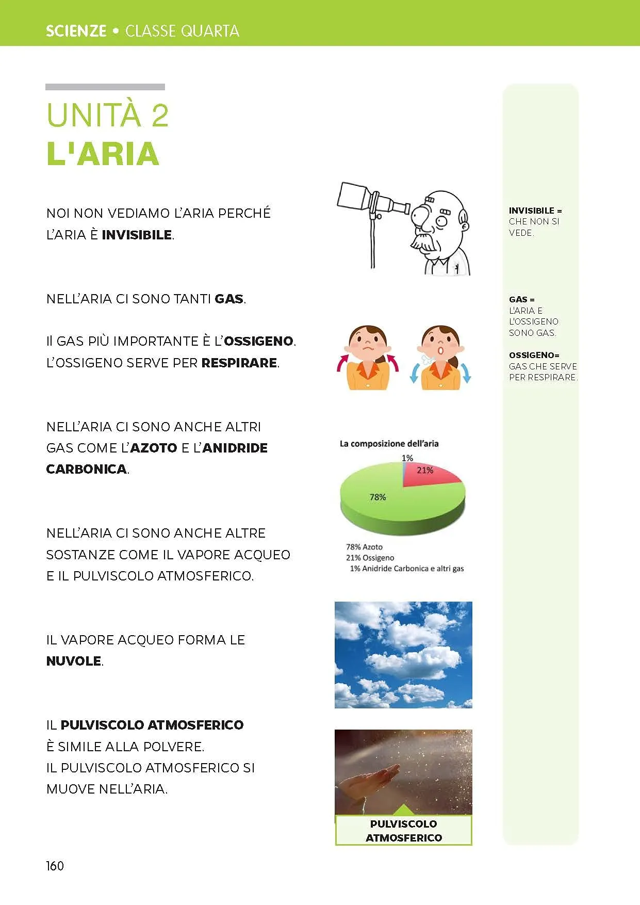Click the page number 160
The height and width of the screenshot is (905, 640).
point(55,866)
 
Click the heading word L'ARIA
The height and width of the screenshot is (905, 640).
point(103,154)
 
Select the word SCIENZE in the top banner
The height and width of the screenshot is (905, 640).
point(76,31)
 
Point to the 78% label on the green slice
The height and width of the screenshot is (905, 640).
point(378,497)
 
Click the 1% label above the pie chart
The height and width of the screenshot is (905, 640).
point(407,458)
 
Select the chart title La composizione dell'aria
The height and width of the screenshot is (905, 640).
point(389,443)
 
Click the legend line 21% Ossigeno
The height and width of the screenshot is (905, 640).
point(370,557)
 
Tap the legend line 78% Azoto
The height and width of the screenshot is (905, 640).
point(364,546)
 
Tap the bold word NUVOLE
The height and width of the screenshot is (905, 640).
point(74,661)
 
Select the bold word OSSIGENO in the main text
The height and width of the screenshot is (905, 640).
point(258,341)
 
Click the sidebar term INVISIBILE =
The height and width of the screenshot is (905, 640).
point(535,211)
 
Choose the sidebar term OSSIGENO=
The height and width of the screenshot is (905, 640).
point(534,355)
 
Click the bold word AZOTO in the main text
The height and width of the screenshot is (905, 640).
point(154,448)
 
